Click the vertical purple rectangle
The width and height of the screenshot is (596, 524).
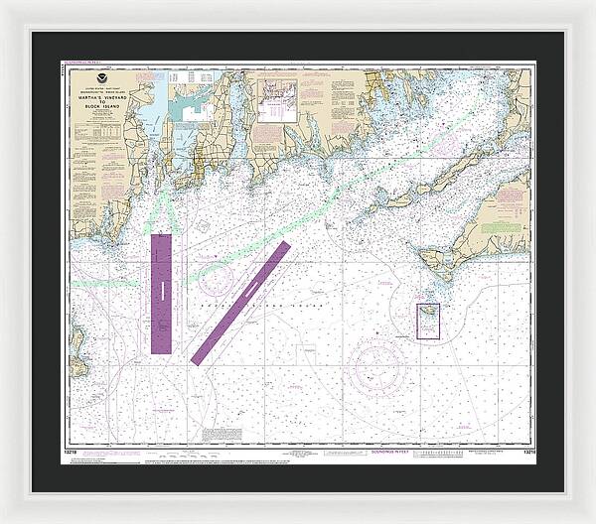[161, 294]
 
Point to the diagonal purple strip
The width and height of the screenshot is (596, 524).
[240, 301]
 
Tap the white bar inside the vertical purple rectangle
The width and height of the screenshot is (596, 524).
[161, 288]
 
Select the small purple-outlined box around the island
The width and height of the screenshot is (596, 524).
[427, 321]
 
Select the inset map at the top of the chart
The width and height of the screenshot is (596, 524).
[277, 100]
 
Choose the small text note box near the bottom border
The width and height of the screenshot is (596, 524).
[222, 434]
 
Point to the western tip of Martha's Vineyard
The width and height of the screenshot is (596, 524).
[420, 255]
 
